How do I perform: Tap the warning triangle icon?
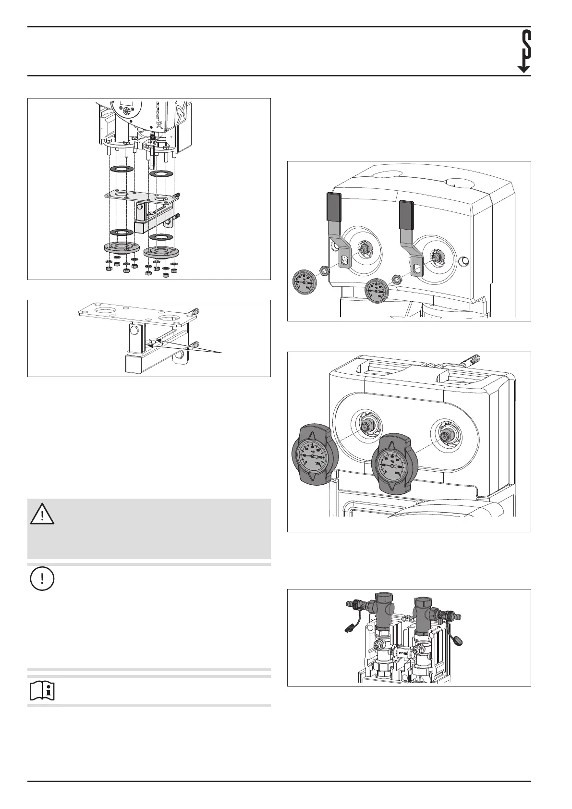click(42, 514)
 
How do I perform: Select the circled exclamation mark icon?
click(42, 579)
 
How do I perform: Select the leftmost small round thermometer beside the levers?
click(305, 283)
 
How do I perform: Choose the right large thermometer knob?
click(394, 466)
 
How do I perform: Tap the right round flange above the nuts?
click(161, 252)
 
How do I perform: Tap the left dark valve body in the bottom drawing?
click(383, 613)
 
